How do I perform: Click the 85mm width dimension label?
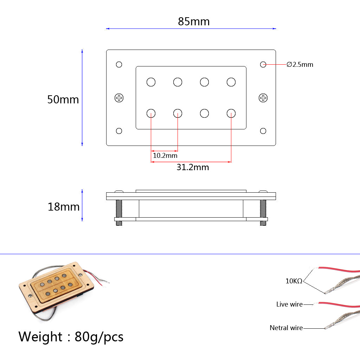[193, 21]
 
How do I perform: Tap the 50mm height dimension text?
[63, 99]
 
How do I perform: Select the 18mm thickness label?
[64, 207]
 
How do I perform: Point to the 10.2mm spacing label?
[165, 155]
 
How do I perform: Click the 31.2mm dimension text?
[193, 167]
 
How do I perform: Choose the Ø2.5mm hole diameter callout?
[300, 65]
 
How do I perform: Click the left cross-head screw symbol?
[119, 98]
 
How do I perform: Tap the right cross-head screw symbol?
[263, 98]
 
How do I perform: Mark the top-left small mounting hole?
[119, 64]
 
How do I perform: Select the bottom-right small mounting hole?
[263, 131]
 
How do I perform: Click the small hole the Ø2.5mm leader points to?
[263, 64]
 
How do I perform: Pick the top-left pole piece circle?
[151, 82]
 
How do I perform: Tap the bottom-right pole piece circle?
[231, 113]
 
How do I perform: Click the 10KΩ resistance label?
[294, 281]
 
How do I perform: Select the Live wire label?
[289, 304]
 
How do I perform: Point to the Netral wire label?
[286, 328]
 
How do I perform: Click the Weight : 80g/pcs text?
[71, 337]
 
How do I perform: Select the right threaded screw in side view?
[263, 212]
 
